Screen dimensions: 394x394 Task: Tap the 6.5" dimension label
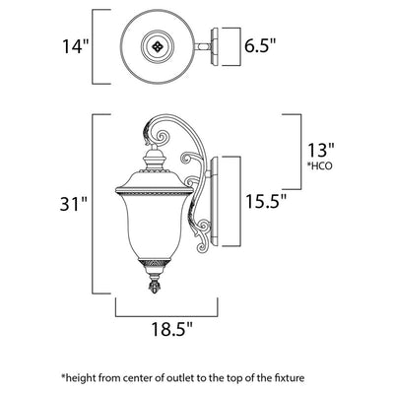coord(260,45)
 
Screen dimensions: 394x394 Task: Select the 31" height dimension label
coord(74,204)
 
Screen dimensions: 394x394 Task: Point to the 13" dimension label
coord(320,151)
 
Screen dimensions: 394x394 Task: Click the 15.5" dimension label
coord(266,201)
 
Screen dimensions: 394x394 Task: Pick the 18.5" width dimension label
coord(171,329)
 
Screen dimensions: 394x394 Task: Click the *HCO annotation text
coord(320,165)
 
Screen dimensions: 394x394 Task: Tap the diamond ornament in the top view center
coord(157,46)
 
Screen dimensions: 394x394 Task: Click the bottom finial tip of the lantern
coord(155,291)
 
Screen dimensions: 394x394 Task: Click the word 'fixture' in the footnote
coord(290,378)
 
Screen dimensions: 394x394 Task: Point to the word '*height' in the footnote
coord(76,378)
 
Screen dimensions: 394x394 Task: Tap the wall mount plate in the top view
coord(215,47)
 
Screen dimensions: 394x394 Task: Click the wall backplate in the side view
coord(215,202)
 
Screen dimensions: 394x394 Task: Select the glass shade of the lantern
coord(155,227)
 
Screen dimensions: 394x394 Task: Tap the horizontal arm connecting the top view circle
coord(202,47)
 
